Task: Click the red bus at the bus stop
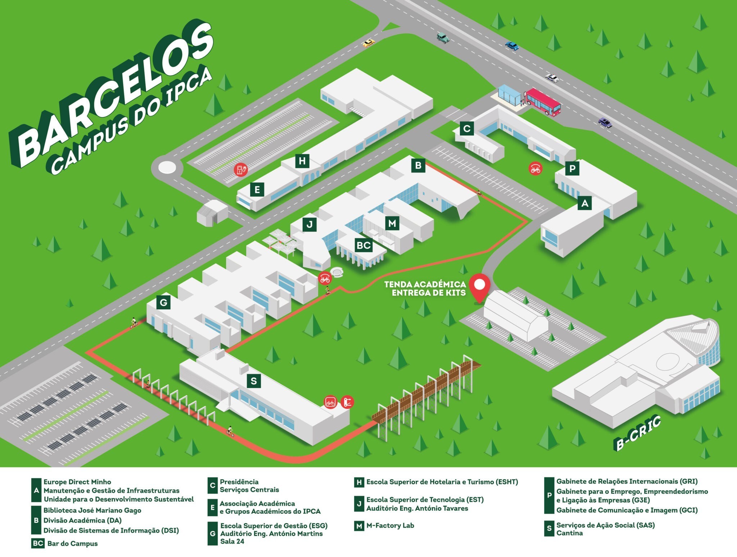click(542, 102)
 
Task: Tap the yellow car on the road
click(368, 43)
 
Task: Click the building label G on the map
click(163, 302)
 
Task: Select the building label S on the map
click(254, 381)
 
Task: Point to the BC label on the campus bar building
click(363, 246)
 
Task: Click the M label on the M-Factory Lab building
click(392, 224)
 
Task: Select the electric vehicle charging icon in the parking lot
click(240, 170)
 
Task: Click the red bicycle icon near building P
click(535, 168)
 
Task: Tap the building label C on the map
click(467, 129)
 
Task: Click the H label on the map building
click(302, 161)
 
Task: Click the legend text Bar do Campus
click(72, 543)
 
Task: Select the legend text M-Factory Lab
click(390, 525)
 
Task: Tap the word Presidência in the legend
click(239, 482)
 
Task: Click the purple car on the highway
click(605, 122)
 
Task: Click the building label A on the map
click(585, 203)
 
